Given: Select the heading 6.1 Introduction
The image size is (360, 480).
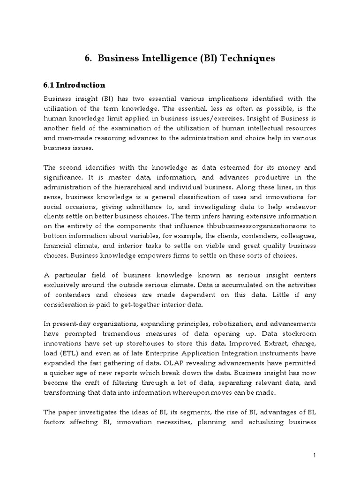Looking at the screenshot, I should coord(75,85).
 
